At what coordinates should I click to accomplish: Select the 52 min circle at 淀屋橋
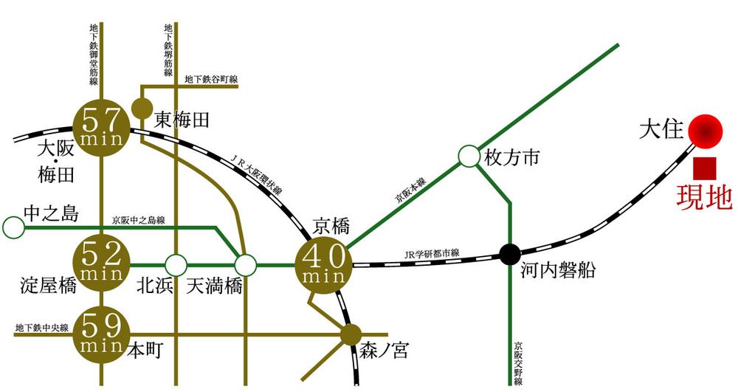coord(102,264)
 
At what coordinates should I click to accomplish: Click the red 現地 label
coord(704,198)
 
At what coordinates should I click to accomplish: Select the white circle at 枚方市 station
coord(469,157)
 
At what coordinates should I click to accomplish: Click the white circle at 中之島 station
coord(13,227)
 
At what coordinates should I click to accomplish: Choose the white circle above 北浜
coord(176,264)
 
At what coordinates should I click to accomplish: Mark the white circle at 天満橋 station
coord(245,264)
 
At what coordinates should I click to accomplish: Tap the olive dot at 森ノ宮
coord(351,334)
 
